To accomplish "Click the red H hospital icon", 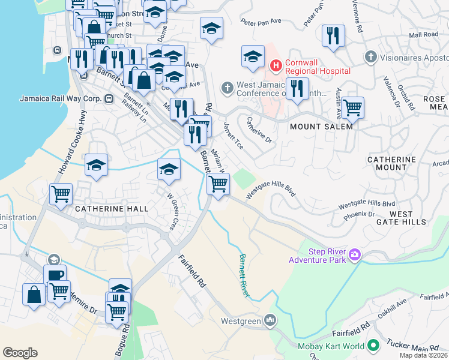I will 276,64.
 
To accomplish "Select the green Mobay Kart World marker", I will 373,346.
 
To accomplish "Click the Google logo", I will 20,353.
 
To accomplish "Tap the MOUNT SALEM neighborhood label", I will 321,127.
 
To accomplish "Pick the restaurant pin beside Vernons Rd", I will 333,36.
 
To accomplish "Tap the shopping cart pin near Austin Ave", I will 352,107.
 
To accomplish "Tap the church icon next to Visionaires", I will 370,57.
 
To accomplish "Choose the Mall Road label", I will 423,35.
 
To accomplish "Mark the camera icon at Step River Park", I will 355,256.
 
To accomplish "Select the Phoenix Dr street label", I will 360,214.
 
